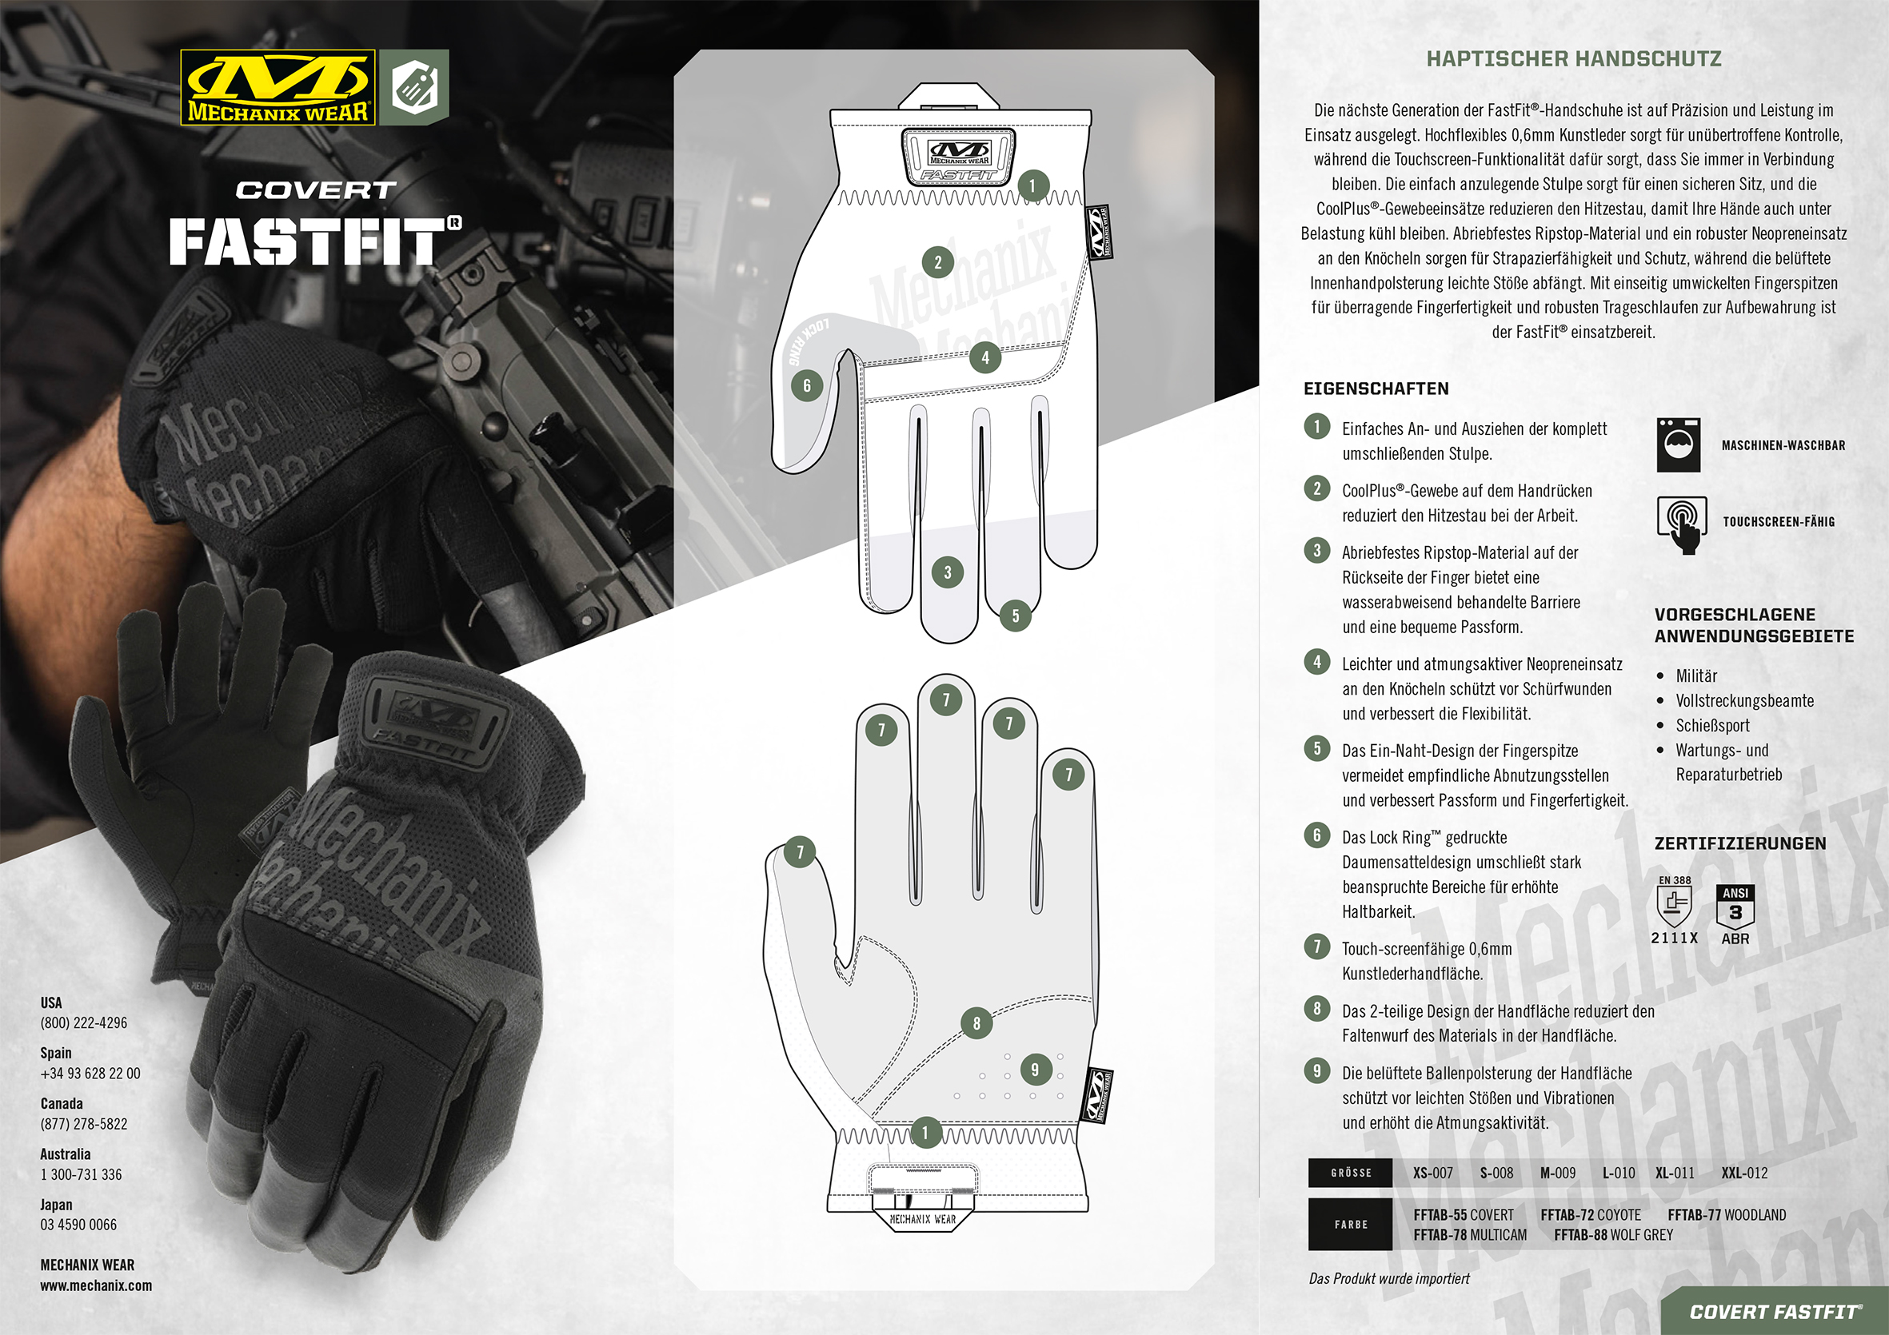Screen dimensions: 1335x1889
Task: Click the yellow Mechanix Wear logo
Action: click(x=278, y=87)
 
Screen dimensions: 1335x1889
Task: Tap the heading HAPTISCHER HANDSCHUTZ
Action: click(x=1573, y=59)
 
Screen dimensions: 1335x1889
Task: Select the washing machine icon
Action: click(x=1679, y=445)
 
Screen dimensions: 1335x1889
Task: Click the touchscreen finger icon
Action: click(x=1681, y=524)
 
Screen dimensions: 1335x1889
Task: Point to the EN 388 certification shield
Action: click(x=1673, y=904)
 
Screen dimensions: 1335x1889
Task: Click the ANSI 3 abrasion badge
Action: click(x=1735, y=907)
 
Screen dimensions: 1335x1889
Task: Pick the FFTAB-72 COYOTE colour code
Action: click(x=1590, y=1215)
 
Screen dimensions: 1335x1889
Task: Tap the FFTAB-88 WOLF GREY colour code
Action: click(x=1612, y=1234)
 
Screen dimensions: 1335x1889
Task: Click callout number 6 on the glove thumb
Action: click(x=806, y=385)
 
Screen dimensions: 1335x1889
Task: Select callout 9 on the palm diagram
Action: click(x=1034, y=1070)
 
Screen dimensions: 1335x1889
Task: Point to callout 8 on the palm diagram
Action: click(x=976, y=1023)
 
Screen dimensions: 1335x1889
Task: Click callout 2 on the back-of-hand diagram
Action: click(x=937, y=263)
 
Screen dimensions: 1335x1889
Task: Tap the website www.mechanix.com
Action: click(x=96, y=1285)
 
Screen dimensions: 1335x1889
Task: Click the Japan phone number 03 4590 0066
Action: click(x=78, y=1225)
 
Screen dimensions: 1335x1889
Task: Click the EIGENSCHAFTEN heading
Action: click(x=1376, y=389)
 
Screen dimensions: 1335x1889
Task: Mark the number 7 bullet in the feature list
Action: click(x=1316, y=946)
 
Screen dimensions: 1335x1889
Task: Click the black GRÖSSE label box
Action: click(x=1350, y=1173)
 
